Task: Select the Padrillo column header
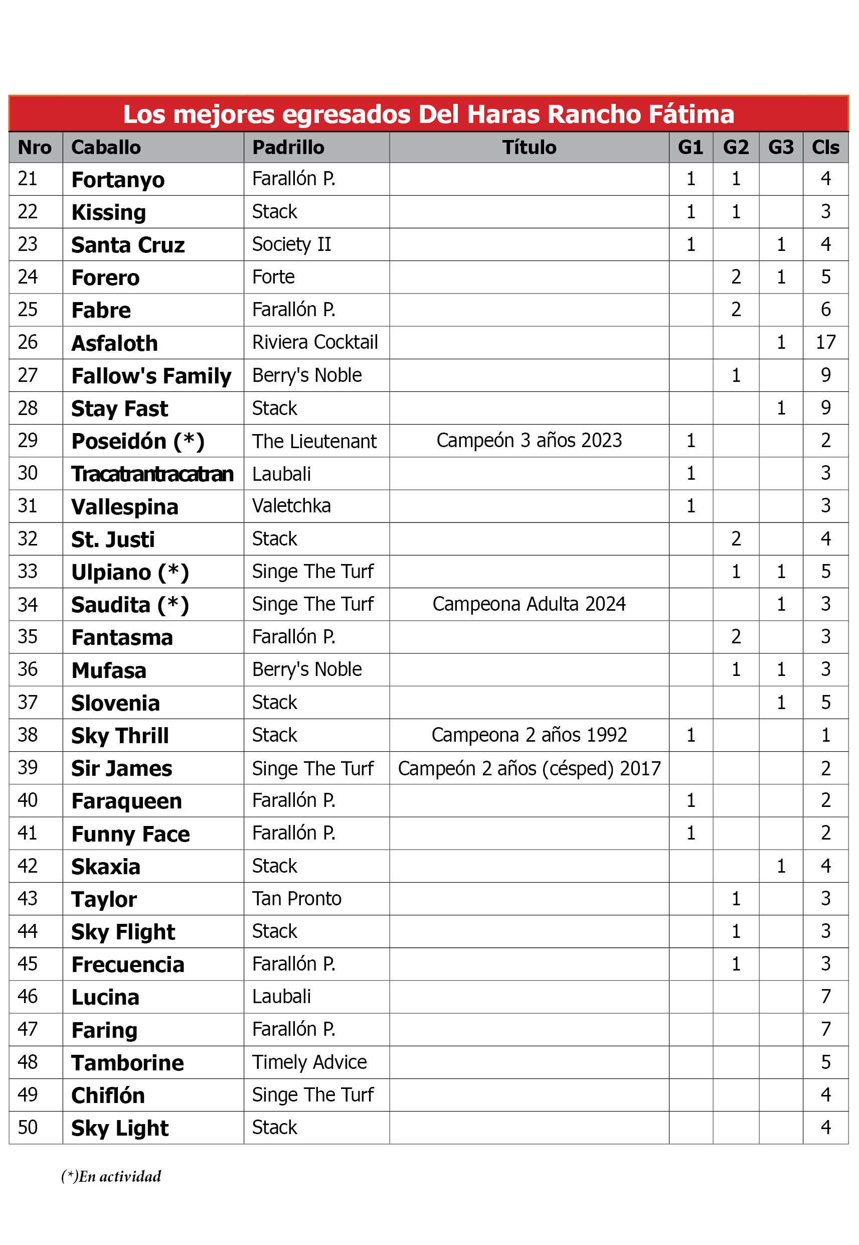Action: (x=288, y=147)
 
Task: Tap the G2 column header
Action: (x=735, y=147)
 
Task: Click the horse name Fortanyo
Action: (x=118, y=180)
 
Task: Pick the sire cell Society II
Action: (x=291, y=244)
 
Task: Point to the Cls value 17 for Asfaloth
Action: (x=825, y=342)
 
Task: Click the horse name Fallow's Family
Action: (x=151, y=376)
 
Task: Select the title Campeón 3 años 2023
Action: (x=529, y=441)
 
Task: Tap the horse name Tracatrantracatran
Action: (x=152, y=474)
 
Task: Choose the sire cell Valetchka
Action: (x=291, y=506)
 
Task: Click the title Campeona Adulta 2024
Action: (x=529, y=604)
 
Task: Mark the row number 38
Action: (x=28, y=735)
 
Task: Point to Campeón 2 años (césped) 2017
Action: (x=529, y=768)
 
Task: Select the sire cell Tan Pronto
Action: (x=296, y=899)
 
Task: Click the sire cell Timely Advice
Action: (x=309, y=1062)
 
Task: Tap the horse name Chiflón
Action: (x=108, y=1096)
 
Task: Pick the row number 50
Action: (x=28, y=1128)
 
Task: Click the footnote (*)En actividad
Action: (x=111, y=1176)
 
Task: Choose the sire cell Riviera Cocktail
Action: (x=315, y=342)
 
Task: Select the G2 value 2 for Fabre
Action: (x=735, y=310)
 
